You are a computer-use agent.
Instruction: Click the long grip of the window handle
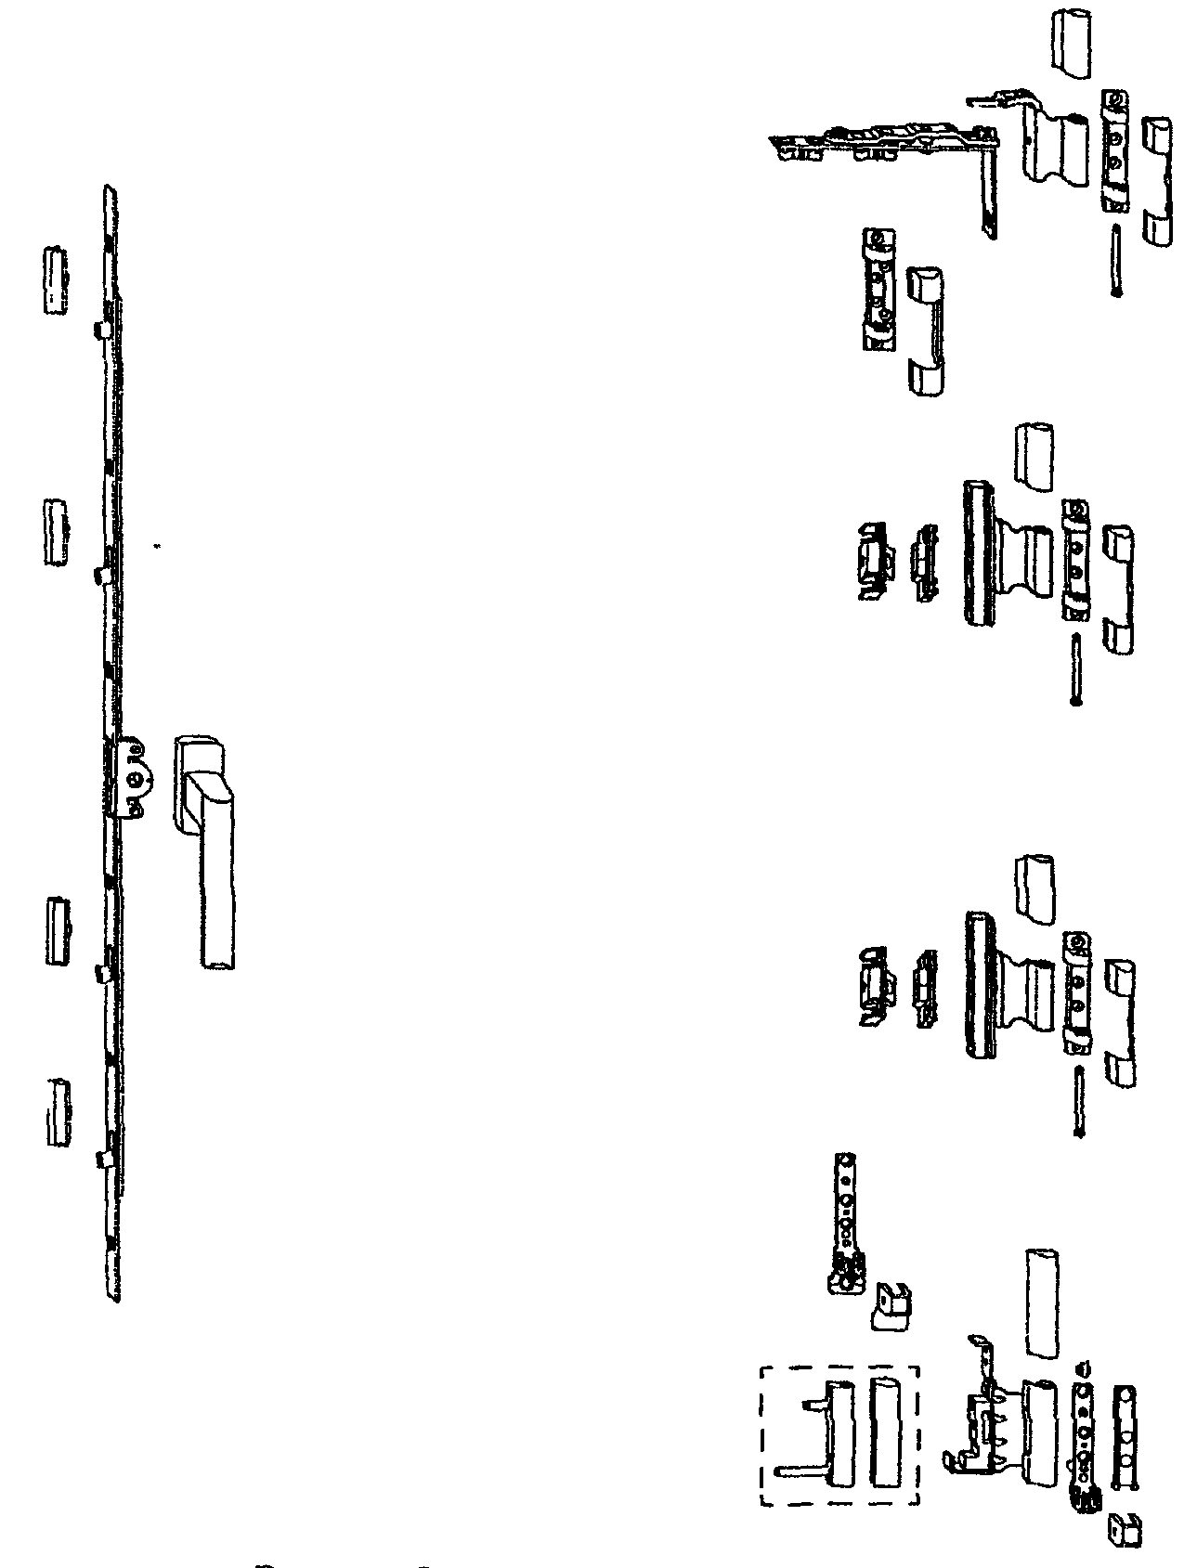pyautogui.click(x=215, y=891)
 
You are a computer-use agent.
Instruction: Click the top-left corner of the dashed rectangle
pyautogui.click(x=761, y=1367)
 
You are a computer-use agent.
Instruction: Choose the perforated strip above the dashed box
pyautogui.click(x=846, y=1207)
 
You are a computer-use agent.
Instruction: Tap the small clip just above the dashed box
pyautogui.click(x=890, y=1309)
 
